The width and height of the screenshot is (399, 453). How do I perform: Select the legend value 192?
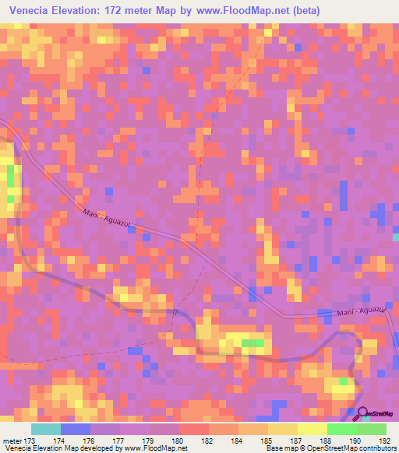coord(384,440)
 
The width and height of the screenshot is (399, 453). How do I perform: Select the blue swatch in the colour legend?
coord(75,429)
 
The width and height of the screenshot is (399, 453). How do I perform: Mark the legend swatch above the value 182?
coord(193,429)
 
